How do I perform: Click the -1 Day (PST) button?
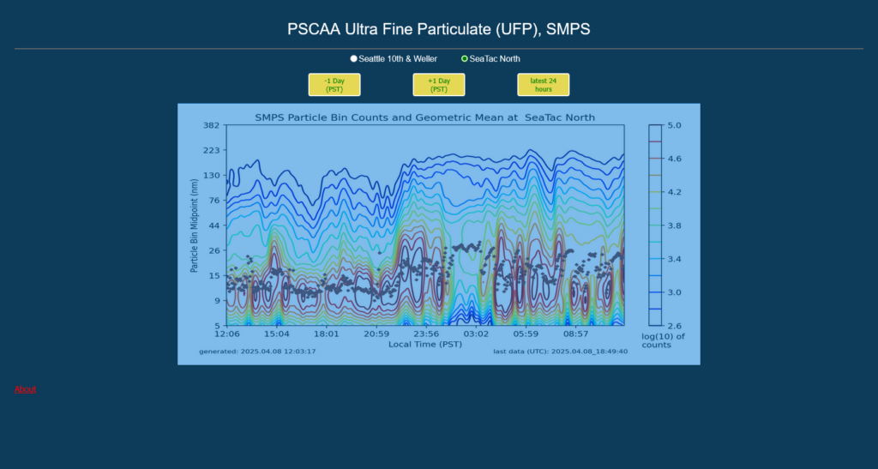[334, 85]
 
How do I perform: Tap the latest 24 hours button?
[543, 85]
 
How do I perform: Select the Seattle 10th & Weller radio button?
[354, 59]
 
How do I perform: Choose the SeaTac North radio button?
[465, 59]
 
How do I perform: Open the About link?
[25, 389]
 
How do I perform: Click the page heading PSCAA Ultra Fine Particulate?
[438, 29]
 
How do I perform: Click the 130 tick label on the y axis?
[212, 175]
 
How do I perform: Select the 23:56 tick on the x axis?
[426, 334]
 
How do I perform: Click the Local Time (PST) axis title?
[425, 344]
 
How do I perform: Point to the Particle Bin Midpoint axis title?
[195, 225]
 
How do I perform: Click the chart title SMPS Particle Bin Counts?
[424, 117]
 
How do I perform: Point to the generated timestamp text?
[257, 352]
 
